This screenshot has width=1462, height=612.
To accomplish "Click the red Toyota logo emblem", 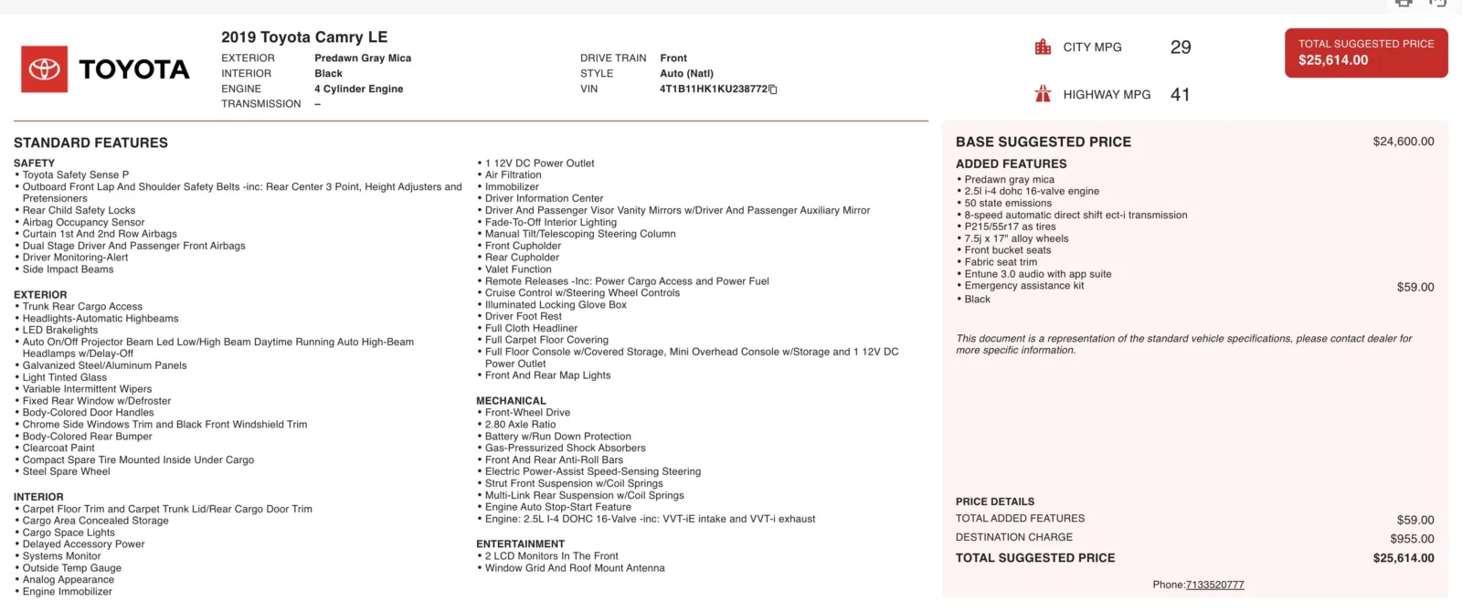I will click(x=44, y=69).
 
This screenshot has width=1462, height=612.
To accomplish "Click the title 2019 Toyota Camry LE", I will click(x=304, y=37).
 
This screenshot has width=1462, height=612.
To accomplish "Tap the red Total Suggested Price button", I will click(x=1365, y=53).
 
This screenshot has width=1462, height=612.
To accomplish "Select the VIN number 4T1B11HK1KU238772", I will click(x=714, y=90).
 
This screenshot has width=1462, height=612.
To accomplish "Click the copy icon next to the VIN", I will click(x=773, y=90).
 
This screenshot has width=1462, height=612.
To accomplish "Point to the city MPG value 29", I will click(x=1181, y=47).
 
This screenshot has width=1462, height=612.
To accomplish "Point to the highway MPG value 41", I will click(x=1181, y=94).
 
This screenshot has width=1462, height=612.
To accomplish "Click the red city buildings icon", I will click(x=1043, y=47).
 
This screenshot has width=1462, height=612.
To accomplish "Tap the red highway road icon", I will click(x=1043, y=94).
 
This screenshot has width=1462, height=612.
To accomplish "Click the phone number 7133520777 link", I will click(x=1214, y=585).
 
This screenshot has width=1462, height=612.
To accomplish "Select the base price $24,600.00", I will click(x=1403, y=142).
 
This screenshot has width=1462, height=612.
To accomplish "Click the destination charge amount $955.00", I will click(x=1412, y=539).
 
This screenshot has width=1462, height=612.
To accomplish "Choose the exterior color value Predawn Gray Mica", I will click(x=363, y=58).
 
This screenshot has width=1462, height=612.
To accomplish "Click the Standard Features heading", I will click(x=90, y=142).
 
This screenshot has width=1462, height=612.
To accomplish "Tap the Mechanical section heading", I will click(x=511, y=401).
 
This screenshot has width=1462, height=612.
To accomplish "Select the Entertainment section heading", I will click(x=520, y=544).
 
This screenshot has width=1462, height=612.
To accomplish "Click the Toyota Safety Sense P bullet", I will click(x=76, y=175).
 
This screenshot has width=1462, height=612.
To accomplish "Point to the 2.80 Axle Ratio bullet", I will click(x=520, y=425).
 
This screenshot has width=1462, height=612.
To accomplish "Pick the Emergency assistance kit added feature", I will click(x=1024, y=286).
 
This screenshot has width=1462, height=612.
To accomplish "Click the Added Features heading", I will click(x=1011, y=164).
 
